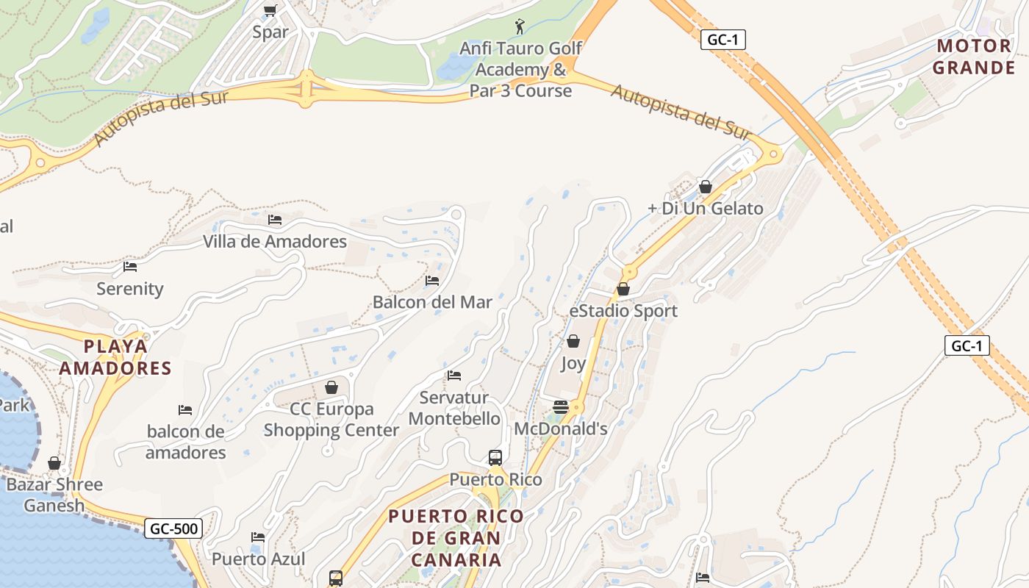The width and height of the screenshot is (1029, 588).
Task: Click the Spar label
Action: click(270, 32)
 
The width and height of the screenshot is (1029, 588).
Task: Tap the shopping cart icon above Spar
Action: click(270, 10)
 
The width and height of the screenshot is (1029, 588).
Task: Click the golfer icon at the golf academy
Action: click(520, 27)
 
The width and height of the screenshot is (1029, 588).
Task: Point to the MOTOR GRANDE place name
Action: click(974, 57)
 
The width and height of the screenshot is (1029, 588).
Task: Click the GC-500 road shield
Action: click(173, 528)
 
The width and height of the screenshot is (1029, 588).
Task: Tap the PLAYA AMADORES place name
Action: click(115, 357)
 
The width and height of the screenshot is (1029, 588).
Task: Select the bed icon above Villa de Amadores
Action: click(275, 220)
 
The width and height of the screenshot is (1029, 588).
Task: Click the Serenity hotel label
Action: click(130, 289)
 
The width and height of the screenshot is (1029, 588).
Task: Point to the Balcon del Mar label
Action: click(432, 302)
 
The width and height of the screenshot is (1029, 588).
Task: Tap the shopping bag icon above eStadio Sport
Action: click(623, 289)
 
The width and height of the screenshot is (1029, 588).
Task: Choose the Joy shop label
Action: click(573, 363)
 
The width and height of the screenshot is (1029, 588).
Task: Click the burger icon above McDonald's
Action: click(561, 407)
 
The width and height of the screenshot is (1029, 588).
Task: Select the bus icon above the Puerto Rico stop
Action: click(495, 458)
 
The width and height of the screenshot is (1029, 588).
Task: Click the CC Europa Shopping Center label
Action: click(331, 420)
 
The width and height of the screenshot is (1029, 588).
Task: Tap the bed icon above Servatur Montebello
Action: click(454, 376)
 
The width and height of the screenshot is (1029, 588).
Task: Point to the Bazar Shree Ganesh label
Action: click(54, 495)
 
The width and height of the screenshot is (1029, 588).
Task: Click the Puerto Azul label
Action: click(258, 559)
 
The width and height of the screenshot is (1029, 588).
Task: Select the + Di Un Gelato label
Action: click(705, 209)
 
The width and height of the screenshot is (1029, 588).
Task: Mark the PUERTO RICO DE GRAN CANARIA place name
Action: click(456, 538)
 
